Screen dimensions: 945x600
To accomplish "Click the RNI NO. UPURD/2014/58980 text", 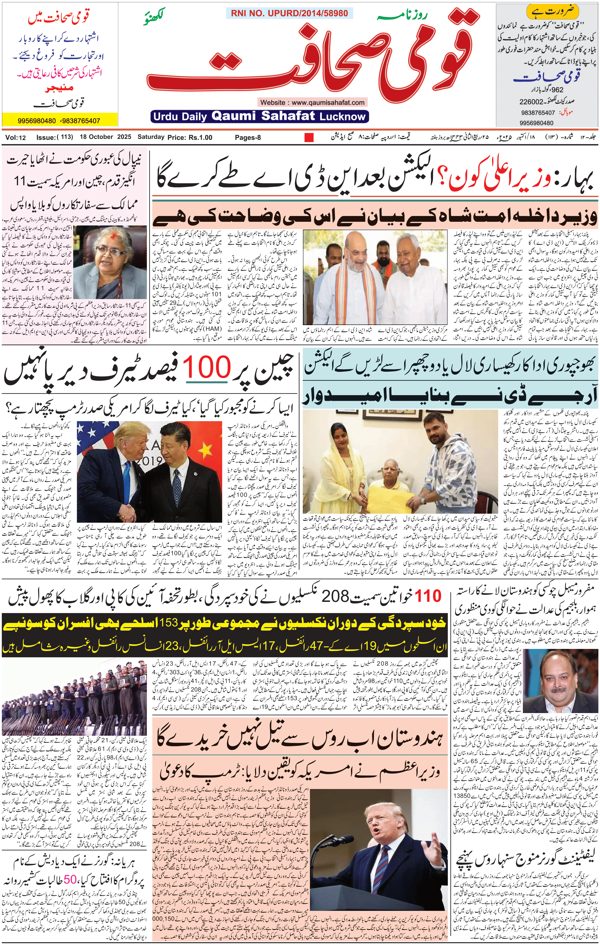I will (x=289, y=13).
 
